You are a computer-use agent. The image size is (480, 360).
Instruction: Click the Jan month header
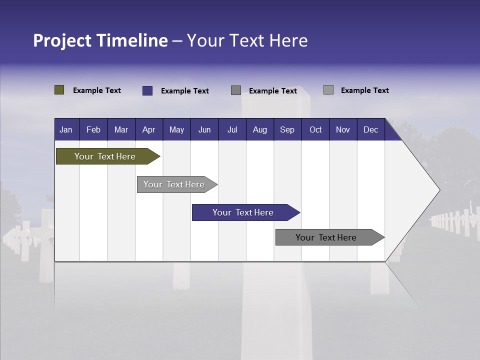click(x=66, y=129)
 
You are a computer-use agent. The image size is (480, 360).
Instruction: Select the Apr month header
click(x=148, y=129)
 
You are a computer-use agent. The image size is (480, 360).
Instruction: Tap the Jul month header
click(x=232, y=129)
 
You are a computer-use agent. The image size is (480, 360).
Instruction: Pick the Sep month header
click(x=287, y=129)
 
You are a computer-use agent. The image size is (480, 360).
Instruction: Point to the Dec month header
click(x=370, y=129)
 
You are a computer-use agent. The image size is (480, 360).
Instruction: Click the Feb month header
click(x=93, y=129)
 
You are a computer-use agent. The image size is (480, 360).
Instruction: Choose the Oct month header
click(x=315, y=129)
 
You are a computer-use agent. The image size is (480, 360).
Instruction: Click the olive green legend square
click(x=59, y=90)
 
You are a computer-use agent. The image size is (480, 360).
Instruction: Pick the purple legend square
click(x=147, y=90)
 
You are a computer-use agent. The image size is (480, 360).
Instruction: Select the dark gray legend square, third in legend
click(x=236, y=90)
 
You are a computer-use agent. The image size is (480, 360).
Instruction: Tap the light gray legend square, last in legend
click(x=328, y=90)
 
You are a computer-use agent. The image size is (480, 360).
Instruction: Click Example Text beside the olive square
click(x=97, y=90)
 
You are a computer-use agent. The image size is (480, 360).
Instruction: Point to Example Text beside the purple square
click(x=185, y=91)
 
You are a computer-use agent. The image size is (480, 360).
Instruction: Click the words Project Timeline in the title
click(x=100, y=40)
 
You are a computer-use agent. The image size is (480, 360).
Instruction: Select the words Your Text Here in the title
click(x=247, y=40)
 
